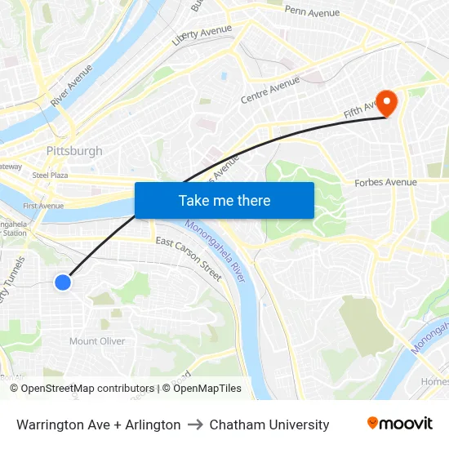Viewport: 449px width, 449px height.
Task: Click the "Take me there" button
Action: [224, 200]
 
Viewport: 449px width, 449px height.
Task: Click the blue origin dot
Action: [63, 282]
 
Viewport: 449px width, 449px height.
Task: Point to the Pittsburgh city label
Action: [74, 151]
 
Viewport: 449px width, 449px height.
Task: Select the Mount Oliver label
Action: [97, 341]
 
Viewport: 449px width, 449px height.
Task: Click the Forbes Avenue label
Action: [385, 183]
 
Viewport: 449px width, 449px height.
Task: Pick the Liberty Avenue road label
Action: [202, 35]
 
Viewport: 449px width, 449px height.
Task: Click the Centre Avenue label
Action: [270, 90]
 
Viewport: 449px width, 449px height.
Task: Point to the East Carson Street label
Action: [189, 259]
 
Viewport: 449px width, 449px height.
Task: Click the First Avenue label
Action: [43, 206]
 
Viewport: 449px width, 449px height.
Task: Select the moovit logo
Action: [399, 424]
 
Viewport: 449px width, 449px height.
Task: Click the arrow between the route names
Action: [195, 425]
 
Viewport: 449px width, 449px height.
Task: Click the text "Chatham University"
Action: [269, 425]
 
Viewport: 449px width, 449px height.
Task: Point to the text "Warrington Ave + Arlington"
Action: [99, 425]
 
